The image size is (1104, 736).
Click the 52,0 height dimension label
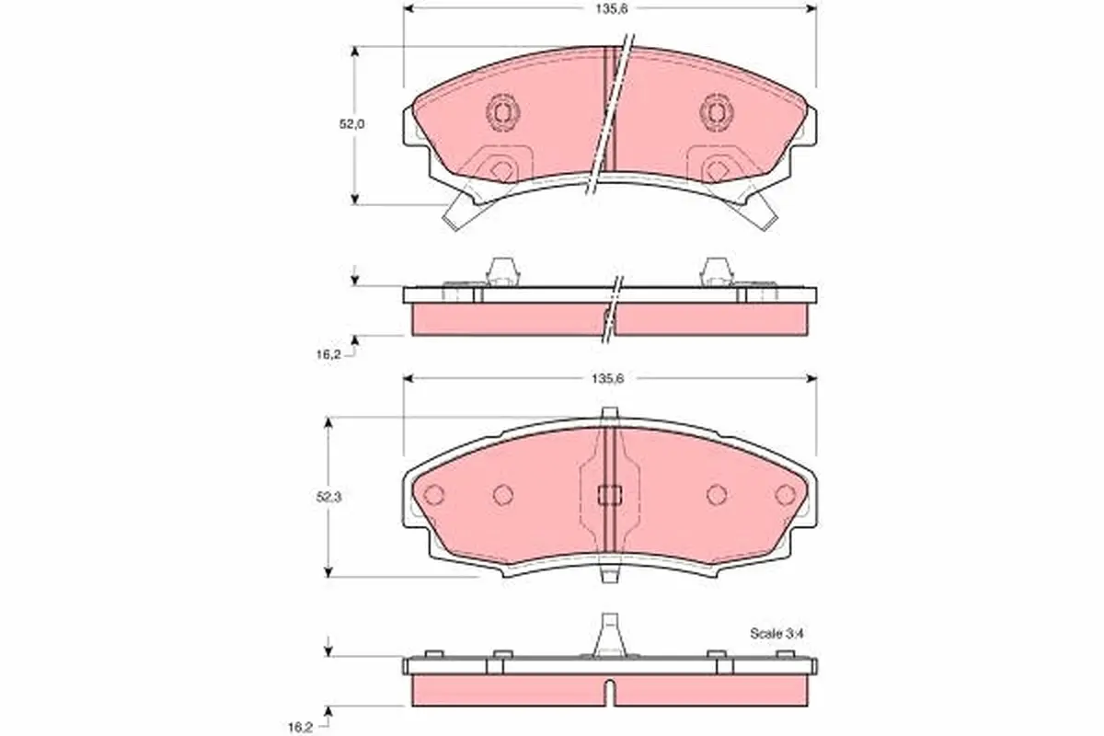tap(351, 124)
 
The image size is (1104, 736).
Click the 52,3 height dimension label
tap(328, 498)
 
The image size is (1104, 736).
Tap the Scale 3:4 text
tap(776, 634)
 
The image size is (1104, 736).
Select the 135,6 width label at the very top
tap(611, 9)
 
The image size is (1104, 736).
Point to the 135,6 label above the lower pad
tap(608, 379)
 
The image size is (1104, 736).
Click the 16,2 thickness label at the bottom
tap(300, 728)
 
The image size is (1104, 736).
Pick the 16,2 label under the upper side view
tap(328, 355)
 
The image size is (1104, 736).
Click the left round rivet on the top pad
tap(502, 113)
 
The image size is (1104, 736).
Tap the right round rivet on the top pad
tap(716, 113)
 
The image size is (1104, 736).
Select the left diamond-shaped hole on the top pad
tap(503, 171)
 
